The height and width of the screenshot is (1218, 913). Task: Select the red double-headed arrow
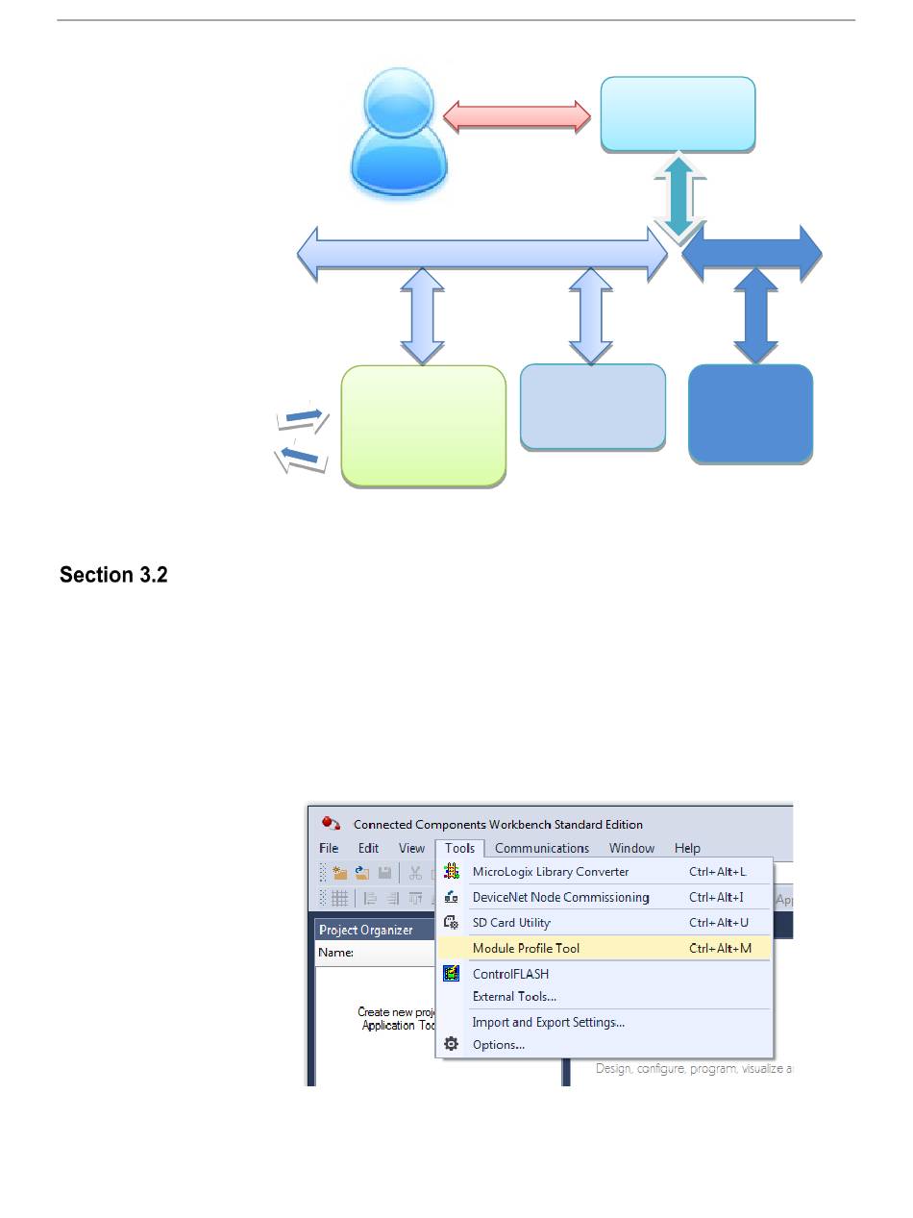coord(516,115)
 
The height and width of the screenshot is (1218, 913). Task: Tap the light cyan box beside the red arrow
coord(678,114)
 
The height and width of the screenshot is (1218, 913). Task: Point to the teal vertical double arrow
coord(679,196)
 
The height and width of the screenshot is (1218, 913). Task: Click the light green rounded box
coord(423,425)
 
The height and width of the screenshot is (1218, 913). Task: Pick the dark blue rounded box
coord(751,413)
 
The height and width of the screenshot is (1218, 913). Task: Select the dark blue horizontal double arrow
coord(752,253)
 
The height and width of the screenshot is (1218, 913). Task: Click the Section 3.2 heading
coord(113,575)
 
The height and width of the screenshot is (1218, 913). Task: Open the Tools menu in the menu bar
coord(459,848)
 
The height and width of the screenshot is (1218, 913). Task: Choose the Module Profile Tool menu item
coord(526,948)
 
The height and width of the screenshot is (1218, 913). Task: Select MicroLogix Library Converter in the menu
coord(550,872)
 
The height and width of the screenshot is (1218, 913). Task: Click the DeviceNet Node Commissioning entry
coord(560,897)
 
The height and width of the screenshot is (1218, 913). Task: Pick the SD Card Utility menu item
coord(511,923)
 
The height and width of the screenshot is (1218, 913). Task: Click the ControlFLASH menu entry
coord(510,974)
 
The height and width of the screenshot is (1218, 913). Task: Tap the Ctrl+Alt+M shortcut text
coord(720,948)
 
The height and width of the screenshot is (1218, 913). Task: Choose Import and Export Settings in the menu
coord(548,1022)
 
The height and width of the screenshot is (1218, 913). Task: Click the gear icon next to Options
coord(451,1044)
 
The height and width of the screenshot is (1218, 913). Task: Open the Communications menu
coord(541,848)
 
